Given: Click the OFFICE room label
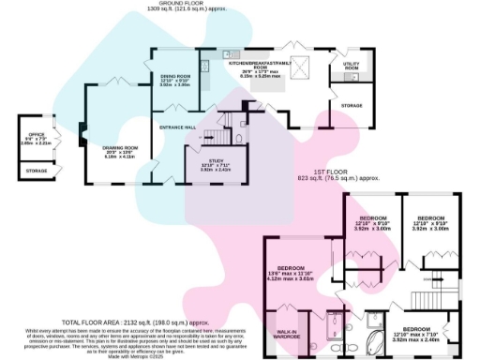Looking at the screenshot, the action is (38, 137).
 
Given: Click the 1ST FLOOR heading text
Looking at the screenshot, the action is (337, 175).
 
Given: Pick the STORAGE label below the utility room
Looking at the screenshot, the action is (352, 105).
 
